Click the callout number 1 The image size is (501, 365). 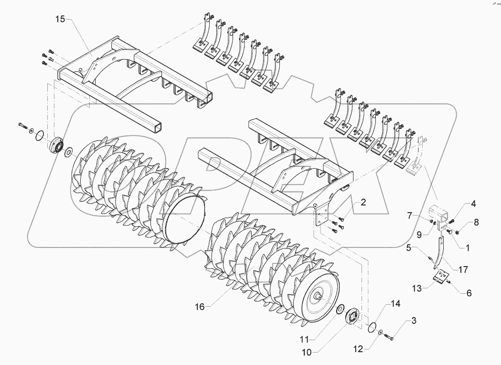tap(467, 248)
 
